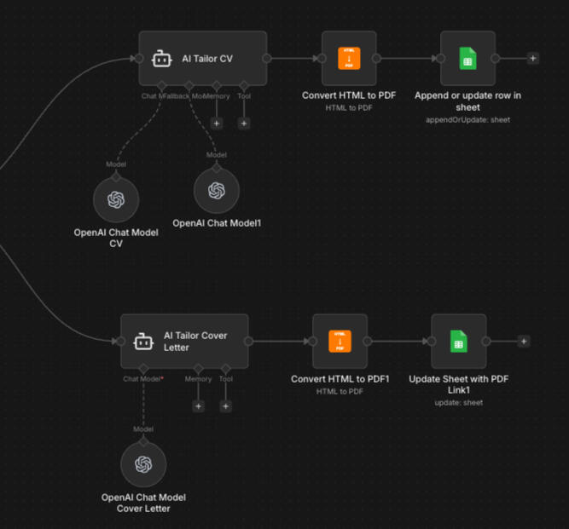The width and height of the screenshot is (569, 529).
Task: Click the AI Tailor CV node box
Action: click(x=203, y=58)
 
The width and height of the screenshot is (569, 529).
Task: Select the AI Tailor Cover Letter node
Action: click(x=184, y=341)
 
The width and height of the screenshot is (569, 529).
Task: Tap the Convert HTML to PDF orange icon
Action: click(x=349, y=58)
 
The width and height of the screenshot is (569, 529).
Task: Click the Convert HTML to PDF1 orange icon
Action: click(x=340, y=341)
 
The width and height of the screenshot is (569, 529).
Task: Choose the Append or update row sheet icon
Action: click(x=467, y=58)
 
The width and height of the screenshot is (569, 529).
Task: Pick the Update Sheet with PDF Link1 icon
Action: click(x=458, y=341)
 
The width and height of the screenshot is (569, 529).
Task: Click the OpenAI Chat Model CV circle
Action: click(x=116, y=200)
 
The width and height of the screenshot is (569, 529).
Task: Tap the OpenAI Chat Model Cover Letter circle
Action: click(x=143, y=464)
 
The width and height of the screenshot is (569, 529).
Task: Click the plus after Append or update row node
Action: click(x=532, y=58)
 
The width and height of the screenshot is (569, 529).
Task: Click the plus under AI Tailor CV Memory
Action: click(x=216, y=124)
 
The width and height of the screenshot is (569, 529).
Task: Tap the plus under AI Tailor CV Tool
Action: click(x=244, y=124)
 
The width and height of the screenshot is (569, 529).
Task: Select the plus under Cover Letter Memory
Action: click(x=199, y=406)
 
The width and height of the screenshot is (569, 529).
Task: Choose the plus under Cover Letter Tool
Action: click(x=226, y=406)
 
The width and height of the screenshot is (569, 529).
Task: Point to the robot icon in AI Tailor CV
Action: click(x=162, y=59)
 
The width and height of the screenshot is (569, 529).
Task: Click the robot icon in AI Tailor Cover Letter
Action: click(x=143, y=342)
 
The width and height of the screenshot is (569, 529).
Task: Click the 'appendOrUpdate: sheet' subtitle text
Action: click(x=467, y=120)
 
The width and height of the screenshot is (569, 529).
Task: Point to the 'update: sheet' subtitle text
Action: click(x=458, y=403)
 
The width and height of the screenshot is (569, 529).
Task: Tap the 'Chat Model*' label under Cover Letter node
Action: click(x=143, y=379)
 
